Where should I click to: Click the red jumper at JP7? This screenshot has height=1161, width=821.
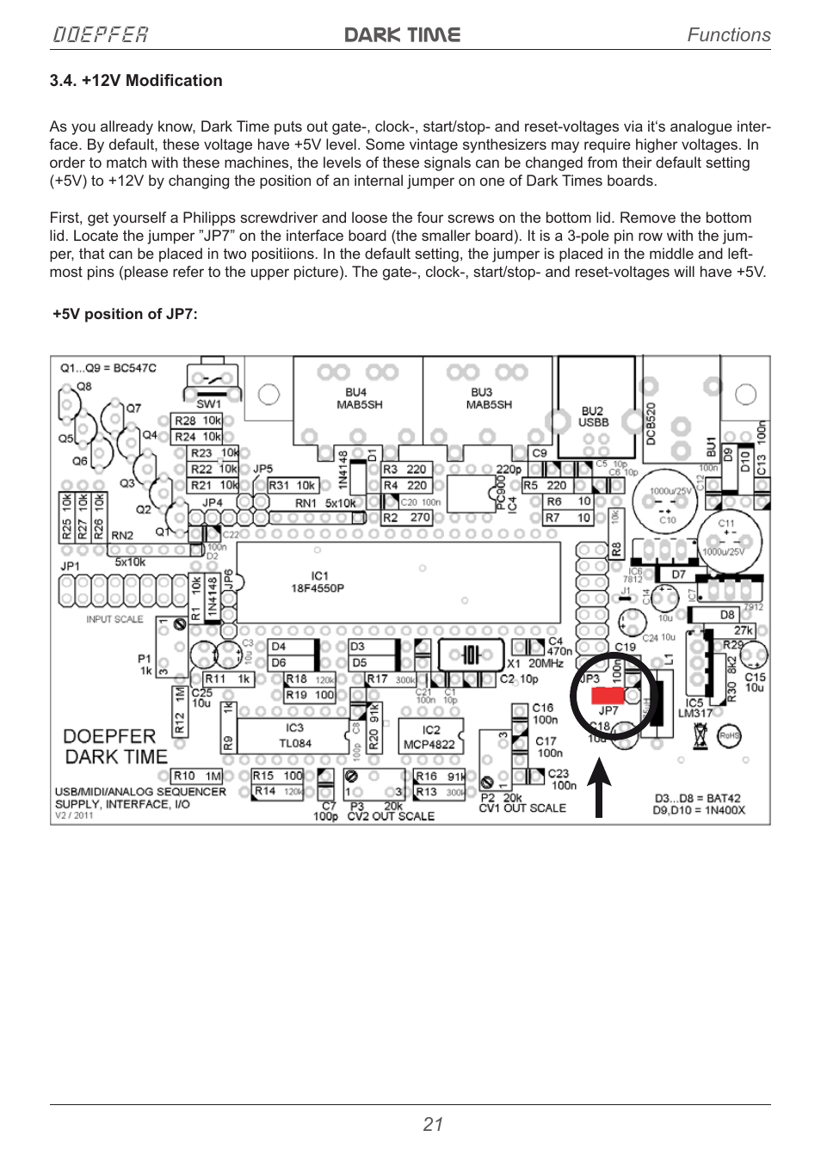[x=608, y=695]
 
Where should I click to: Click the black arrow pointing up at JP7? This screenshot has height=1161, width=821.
[x=600, y=787]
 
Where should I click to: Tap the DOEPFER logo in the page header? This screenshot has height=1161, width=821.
[x=101, y=34]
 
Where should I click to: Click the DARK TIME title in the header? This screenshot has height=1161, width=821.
[x=403, y=34]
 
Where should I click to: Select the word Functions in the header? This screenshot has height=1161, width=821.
[x=728, y=34]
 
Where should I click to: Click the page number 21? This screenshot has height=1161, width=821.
[x=433, y=1124]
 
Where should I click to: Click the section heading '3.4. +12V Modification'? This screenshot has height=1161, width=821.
[x=136, y=81]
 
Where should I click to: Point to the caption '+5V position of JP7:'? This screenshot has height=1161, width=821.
[x=125, y=314]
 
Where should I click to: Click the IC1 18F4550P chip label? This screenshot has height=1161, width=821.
[x=318, y=582]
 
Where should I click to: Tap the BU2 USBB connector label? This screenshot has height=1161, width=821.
[x=593, y=416]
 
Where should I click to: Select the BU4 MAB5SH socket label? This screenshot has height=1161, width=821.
[x=359, y=398]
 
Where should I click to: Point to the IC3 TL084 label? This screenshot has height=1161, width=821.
[x=294, y=735]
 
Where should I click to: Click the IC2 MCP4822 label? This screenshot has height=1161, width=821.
[x=430, y=737]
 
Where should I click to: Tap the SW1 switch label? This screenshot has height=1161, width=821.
[x=209, y=403]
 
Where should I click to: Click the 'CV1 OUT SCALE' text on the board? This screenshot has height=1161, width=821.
[x=522, y=808]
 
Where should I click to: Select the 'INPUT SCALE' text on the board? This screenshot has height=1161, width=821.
[x=114, y=619]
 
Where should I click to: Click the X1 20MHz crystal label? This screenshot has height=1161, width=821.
[x=534, y=663]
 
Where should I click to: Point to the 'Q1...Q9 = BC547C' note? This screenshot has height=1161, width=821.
[x=108, y=368]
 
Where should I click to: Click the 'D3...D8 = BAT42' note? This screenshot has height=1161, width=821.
[x=697, y=798]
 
